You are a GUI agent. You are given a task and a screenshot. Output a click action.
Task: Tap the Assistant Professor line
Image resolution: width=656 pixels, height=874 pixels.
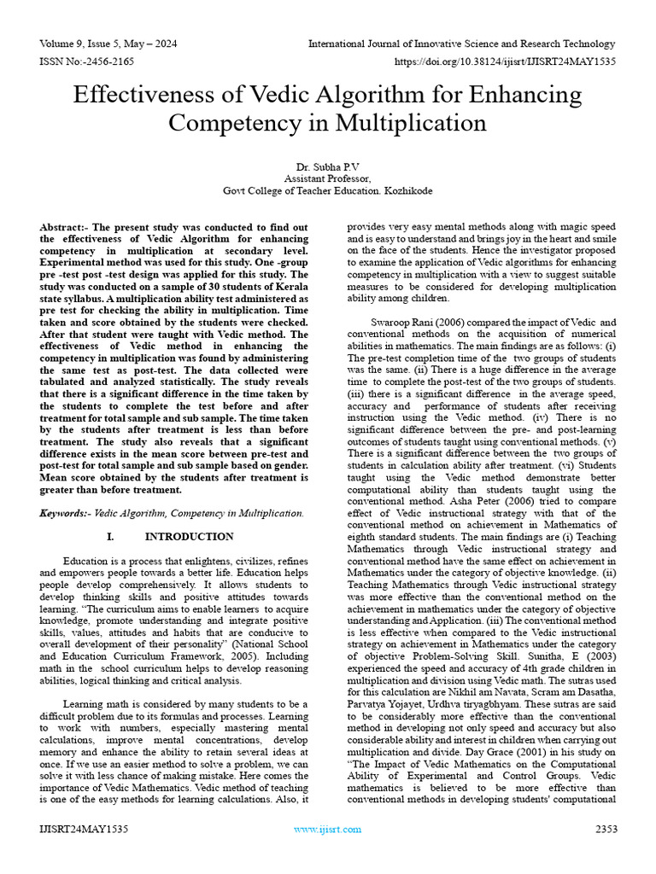[327, 179]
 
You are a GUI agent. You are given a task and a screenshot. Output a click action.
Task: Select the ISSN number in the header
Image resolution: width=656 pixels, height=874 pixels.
[83, 62]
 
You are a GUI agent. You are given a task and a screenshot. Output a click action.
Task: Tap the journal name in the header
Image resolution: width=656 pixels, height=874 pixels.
[461, 44]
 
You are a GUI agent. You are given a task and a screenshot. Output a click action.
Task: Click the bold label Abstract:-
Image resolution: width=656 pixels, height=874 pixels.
[67, 228]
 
